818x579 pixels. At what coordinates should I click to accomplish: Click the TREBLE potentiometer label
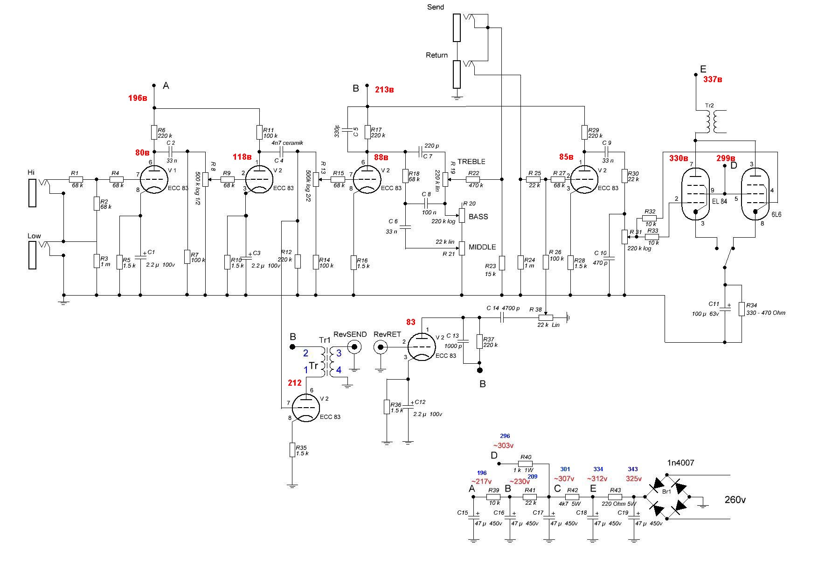click(x=471, y=162)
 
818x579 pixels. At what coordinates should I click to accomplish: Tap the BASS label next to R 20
click(x=478, y=217)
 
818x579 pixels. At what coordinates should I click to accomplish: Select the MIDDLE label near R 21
click(x=482, y=247)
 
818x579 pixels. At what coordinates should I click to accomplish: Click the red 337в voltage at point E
click(x=713, y=80)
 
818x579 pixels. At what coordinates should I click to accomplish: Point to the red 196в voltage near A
click(x=138, y=98)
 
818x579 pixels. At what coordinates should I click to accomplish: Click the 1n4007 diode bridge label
click(x=680, y=463)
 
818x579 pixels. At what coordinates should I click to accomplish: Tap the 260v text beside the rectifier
click(x=735, y=500)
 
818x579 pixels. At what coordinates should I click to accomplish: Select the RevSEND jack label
click(x=350, y=334)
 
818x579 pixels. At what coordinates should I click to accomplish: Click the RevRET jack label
click(x=387, y=334)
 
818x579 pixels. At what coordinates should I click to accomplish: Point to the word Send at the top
click(x=436, y=7)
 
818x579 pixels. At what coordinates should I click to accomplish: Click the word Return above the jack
click(x=437, y=55)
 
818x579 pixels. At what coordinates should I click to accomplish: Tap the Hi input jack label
click(x=31, y=172)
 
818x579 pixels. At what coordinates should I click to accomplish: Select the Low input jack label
click(x=34, y=236)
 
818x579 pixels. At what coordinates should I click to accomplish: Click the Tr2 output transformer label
click(x=709, y=106)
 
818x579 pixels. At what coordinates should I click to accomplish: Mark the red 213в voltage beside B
click(x=384, y=90)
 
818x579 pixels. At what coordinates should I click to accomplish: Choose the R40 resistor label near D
click(x=526, y=457)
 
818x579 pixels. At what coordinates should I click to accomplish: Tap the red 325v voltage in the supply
click(x=634, y=479)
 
